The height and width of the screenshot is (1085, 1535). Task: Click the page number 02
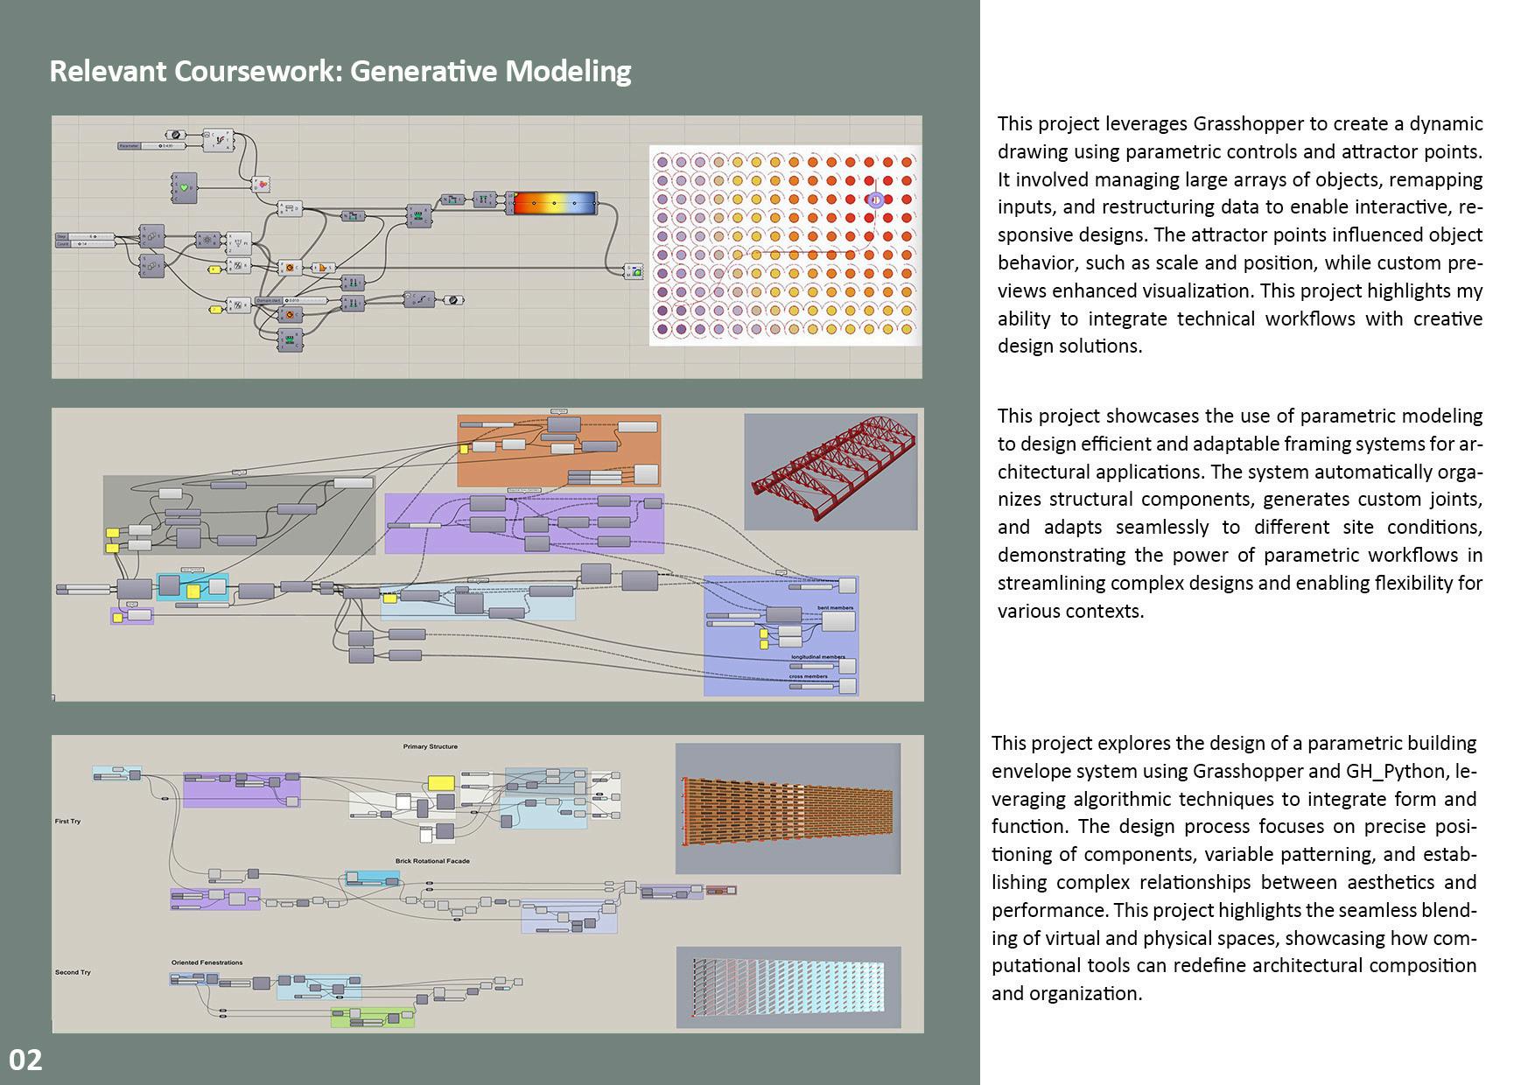pos(25,1060)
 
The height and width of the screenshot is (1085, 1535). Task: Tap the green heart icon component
pos(184,187)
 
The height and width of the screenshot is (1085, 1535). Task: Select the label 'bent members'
pos(835,607)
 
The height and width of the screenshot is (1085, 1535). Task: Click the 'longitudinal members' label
pos(818,656)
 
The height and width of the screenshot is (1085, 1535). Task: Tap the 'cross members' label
pos(808,676)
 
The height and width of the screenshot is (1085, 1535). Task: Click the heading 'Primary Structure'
pos(430,746)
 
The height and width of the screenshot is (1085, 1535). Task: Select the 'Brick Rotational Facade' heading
pos(432,861)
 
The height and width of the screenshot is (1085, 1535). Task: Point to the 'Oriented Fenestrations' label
pos(207,962)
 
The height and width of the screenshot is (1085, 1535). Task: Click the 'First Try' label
pos(67,821)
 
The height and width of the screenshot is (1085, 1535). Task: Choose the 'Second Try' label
pos(73,972)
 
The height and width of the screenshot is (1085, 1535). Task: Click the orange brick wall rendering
pos(788,809)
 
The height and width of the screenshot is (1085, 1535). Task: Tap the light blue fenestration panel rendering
pos(788,987)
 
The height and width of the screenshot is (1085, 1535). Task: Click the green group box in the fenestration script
pos(372,1017)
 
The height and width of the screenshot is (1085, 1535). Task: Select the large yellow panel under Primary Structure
pos(440,783)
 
